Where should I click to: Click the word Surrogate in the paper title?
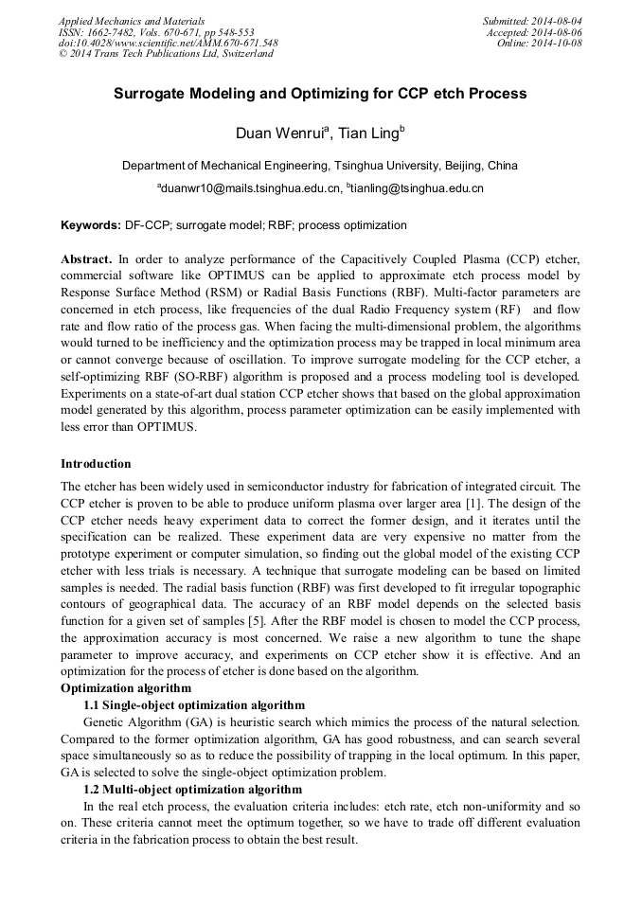[x=155, y=94]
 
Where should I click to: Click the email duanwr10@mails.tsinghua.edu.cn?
[x=250, y=188]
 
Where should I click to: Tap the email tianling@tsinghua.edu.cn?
[x=417, y=188]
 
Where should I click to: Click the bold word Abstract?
[x=86, y=258]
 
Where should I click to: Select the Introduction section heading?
[x=97, y=464]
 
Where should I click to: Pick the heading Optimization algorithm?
[x=126, y=687]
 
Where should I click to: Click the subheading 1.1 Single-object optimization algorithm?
[x=194, y=704]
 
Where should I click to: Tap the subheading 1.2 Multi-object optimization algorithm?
[x=193, y=789]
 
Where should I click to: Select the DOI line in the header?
[x=169, y=43]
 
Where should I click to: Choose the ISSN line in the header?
[x=156, y=31]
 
